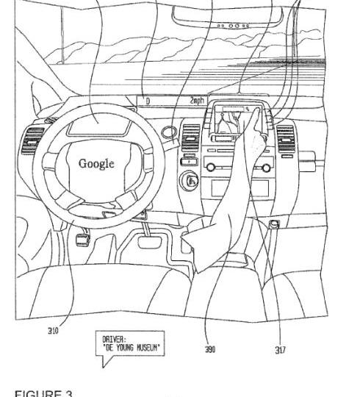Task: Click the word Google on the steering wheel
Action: coord(96,164)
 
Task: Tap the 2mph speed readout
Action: coord(197,101)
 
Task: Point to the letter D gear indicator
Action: coord(148,101)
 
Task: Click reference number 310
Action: coord(53,331)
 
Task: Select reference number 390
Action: coord(210,349)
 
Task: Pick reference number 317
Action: coord(281,350)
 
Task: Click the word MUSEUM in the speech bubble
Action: coord(148,348)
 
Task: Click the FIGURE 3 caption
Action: coord(43,393)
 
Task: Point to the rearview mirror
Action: coord(227,17)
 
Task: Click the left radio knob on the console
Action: coord(210,167)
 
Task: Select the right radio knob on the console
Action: coord(266,168)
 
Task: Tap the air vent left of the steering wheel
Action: coord(32,140)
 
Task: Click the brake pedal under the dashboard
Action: coord(150,242)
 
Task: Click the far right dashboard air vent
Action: coord(286,139)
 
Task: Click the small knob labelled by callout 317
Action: coord(274,224)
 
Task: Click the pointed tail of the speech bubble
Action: coord(103,367)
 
